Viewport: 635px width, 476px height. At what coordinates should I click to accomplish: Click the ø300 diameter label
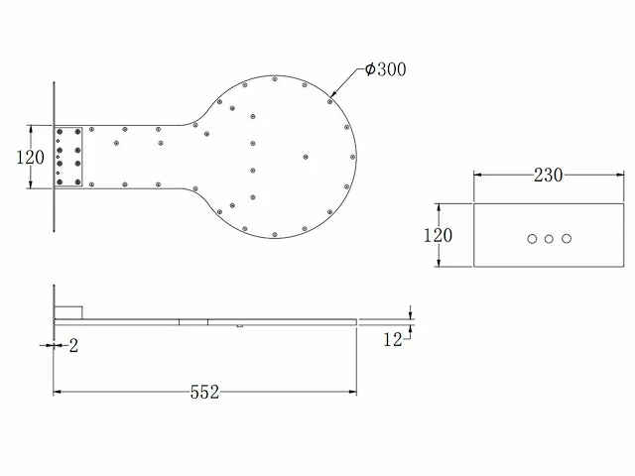[385, 69]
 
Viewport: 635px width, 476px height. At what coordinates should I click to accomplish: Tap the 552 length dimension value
[204, 392]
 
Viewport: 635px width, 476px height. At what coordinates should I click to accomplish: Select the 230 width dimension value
[548, 175]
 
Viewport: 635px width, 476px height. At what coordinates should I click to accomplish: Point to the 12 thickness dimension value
[393, 339]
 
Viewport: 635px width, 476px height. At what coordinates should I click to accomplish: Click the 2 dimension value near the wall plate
[73, 346]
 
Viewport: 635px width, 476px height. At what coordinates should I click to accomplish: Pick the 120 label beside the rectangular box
[438, 235]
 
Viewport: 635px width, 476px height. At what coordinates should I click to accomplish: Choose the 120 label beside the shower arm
[30, 157]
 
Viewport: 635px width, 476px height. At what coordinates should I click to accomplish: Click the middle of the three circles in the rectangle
[549, 239]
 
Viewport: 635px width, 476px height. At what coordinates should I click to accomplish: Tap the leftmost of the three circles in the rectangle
[532, 239]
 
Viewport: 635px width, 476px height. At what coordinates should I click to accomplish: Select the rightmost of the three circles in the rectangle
[567, 239]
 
